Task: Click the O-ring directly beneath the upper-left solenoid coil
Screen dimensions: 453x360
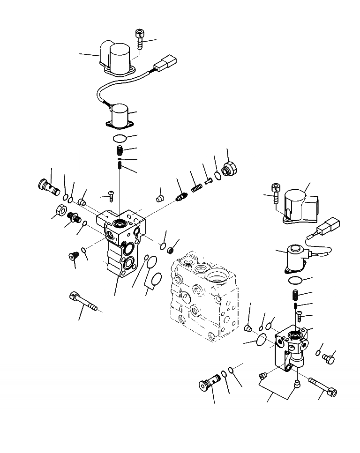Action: point(120,139)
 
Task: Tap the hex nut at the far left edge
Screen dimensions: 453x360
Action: point(60,211)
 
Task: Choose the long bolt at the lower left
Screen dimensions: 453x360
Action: point(84,302)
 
